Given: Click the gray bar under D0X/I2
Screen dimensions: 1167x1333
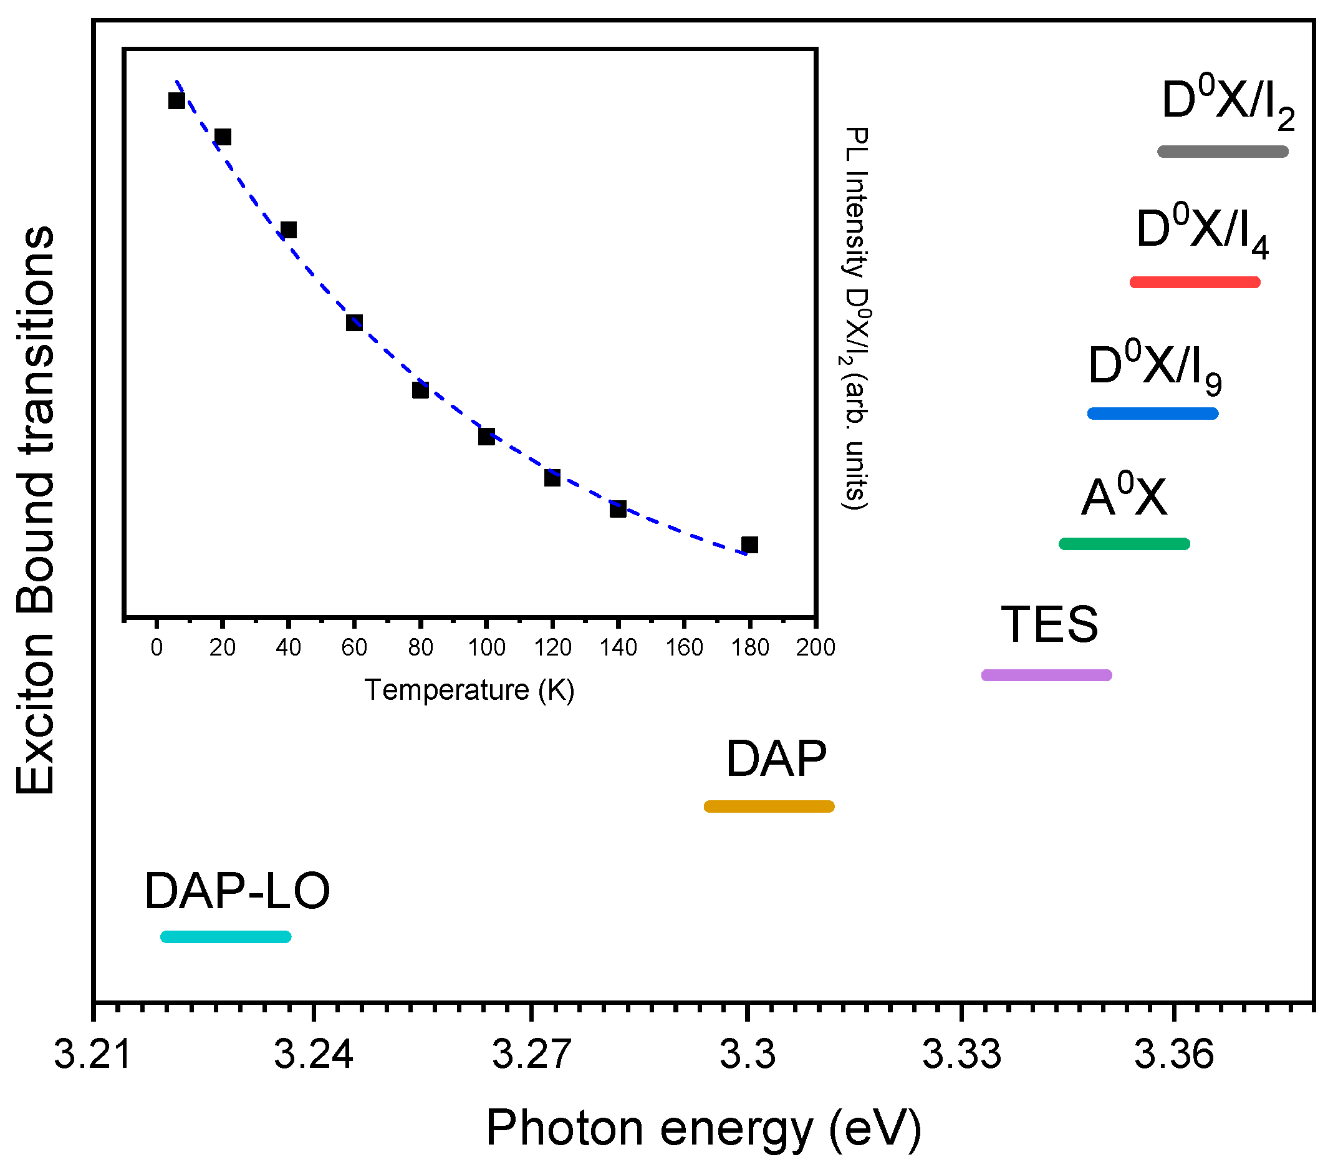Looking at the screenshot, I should (1223, 152).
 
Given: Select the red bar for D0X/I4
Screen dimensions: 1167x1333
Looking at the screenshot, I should (1195, 282).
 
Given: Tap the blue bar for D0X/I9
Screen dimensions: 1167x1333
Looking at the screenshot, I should (1153, 414).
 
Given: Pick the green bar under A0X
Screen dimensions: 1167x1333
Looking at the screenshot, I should (1124, 544).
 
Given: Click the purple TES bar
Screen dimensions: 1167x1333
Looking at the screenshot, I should (1047, 676).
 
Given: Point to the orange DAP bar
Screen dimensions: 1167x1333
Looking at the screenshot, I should (769, 806).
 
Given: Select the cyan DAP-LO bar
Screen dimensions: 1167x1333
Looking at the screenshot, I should (225, 937).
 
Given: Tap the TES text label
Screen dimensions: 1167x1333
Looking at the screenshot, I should (1049, 624).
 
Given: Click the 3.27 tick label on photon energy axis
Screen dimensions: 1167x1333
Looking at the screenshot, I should (532, 1054).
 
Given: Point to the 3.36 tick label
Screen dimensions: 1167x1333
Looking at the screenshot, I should (1174, 1054).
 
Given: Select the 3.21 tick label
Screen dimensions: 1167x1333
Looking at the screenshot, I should (94, 1054).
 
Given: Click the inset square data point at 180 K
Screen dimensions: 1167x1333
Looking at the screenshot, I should (750, 545).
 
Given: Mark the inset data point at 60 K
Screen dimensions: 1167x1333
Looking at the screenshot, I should (354, 322).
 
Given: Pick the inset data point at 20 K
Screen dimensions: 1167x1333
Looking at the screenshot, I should (223, 137).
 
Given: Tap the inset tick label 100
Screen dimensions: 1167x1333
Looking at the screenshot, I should (486, 647).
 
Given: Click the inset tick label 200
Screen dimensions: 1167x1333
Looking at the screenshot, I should (816, 647).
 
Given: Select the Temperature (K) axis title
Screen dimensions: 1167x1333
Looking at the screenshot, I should (469, 690).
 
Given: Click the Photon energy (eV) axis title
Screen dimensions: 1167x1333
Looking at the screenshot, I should (703, 1127).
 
